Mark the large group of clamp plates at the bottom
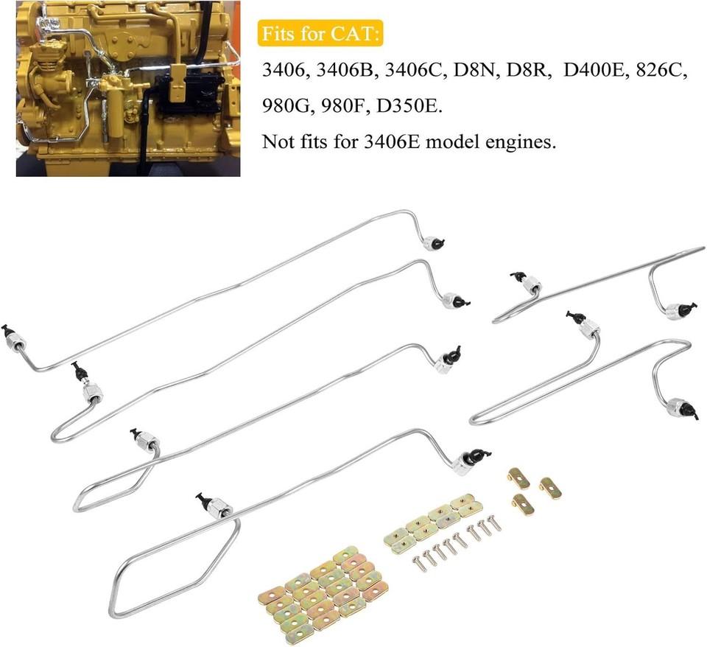[x=325, y=589]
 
